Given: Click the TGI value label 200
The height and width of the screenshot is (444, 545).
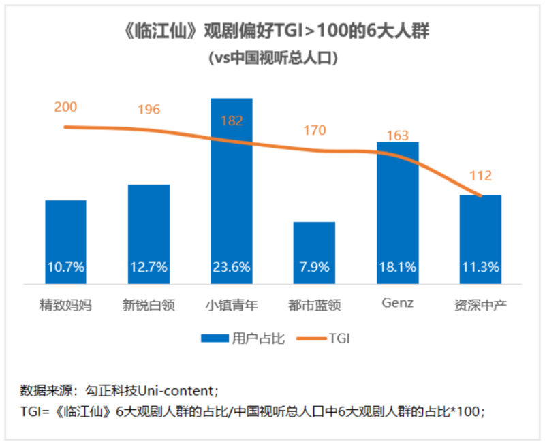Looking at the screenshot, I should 66,106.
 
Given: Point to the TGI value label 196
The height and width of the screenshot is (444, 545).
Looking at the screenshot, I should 149,110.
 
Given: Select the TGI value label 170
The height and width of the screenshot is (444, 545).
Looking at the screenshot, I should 314,130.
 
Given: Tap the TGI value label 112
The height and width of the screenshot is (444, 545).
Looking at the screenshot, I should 480,176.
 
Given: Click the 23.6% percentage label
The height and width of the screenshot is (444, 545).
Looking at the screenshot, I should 231,267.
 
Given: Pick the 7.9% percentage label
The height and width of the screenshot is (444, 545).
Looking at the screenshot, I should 314,267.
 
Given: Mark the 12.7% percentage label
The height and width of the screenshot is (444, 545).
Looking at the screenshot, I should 149,267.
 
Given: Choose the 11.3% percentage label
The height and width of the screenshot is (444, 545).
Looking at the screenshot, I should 480,267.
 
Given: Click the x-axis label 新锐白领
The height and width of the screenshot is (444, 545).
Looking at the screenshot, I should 149,304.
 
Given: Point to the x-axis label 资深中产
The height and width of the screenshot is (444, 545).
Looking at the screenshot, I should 480,304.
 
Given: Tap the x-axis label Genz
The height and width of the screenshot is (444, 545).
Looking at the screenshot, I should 397,304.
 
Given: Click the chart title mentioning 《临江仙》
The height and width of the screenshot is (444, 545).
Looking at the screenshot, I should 272,32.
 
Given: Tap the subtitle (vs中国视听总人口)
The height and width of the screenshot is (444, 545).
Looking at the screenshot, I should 272,58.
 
